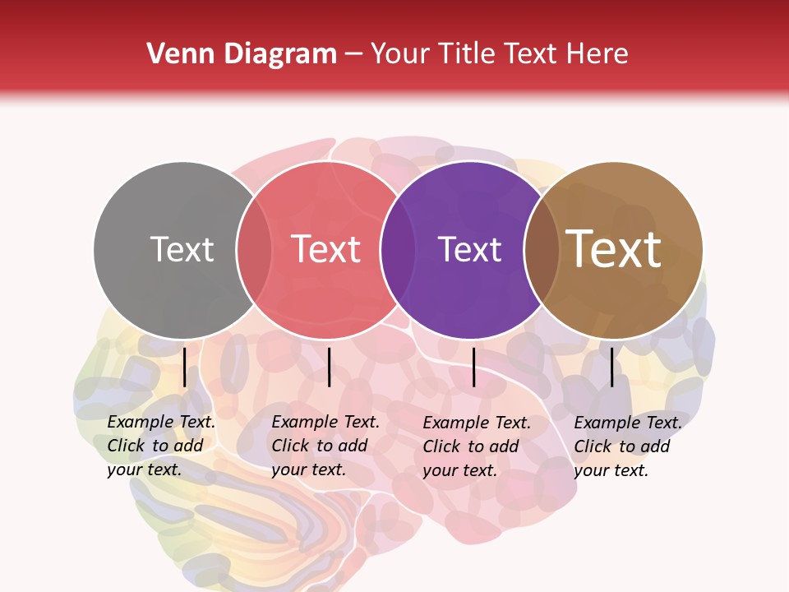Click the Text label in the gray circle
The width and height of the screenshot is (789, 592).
pyautogui.click(x=182, y=249)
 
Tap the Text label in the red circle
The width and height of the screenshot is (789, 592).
pyautogui.click(x=326, y=249)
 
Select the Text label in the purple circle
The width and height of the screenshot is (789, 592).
pyautogui.click(x=469, y=249)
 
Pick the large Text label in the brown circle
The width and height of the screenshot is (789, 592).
pyautogui.click(x=614, y=249)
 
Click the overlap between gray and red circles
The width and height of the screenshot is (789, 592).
pyautogui.click(x=254, y=250)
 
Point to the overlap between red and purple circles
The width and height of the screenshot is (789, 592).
pyautogui.click(x=398, y=250)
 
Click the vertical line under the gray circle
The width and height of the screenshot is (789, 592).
pyautogui.click(x=185, y=367)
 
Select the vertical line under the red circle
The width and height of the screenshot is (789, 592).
pyautogui.click(x=329, y=367)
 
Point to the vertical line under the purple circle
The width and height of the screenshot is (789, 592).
pyautogui.click(x=474, y=367)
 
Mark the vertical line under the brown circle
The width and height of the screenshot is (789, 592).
pyautogui.click(x=611, y=367)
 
